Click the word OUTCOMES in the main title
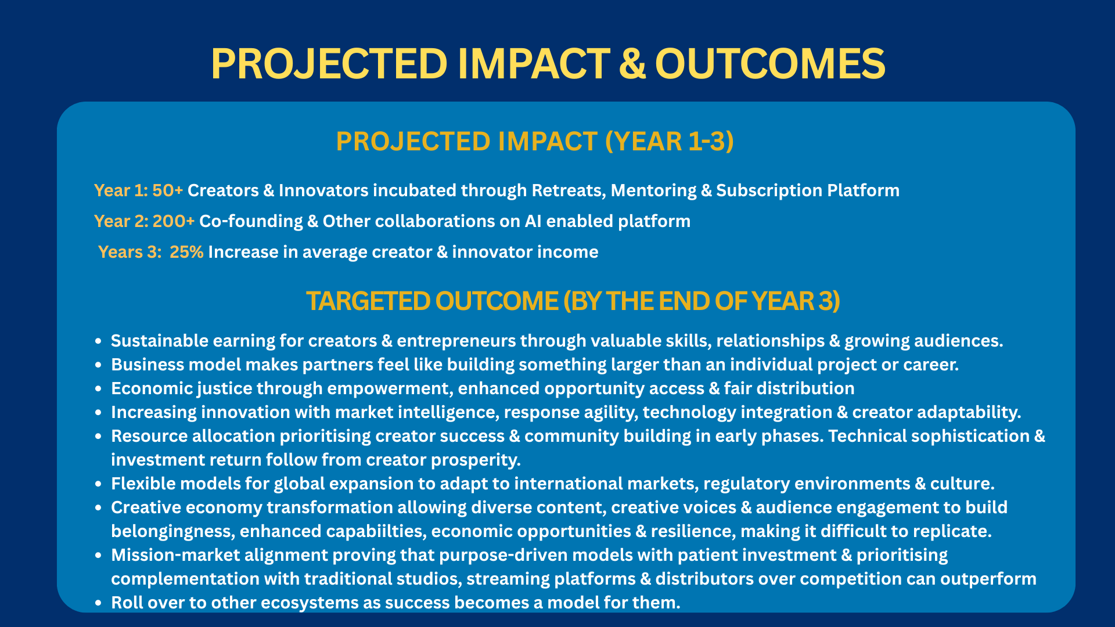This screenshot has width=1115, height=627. coord(770,63)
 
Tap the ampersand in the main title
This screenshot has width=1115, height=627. coord(632,63)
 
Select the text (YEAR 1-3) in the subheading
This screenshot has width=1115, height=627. coord(670,142)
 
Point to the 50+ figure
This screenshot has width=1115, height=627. coord(167,190)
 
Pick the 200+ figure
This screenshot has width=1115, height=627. coord(173,221)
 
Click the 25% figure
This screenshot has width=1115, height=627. coord(186,252)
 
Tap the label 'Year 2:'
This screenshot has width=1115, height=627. coord(121,221)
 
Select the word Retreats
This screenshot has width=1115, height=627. coord(569,190)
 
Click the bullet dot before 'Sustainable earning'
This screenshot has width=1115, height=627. coord(99,341)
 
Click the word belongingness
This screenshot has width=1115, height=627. coord(172,532)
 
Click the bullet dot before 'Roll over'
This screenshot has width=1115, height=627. coord(99,603)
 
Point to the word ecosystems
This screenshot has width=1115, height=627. coord(310,603)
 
